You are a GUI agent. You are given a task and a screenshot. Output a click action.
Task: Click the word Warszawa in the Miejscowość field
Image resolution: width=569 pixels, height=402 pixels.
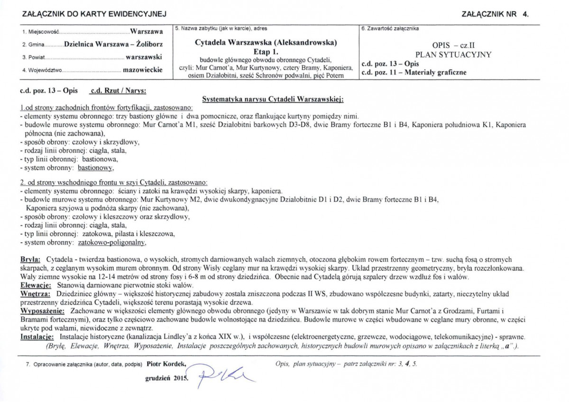[147, 32]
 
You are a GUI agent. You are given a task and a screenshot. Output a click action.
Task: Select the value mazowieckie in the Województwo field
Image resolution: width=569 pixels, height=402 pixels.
[142, 70]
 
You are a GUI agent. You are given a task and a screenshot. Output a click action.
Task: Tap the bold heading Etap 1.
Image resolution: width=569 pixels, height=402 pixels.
[266, 52]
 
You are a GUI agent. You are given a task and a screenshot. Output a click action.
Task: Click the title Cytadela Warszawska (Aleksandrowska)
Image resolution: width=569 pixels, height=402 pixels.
[266, 43]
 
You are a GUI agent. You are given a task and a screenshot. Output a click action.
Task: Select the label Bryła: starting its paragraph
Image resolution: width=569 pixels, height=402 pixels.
[30, 260]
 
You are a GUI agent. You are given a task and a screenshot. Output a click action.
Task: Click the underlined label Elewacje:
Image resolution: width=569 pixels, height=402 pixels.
[36, 286]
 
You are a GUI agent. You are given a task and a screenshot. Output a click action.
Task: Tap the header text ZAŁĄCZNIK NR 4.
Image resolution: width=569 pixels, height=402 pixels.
[495, 15]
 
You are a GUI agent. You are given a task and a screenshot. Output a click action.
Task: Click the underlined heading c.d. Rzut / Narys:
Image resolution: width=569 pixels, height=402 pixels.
[118, 90]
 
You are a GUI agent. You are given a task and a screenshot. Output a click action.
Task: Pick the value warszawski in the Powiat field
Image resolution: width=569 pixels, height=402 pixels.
[144, 57]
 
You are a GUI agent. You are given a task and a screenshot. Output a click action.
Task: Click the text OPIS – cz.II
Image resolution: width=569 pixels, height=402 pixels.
[454, 46]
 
